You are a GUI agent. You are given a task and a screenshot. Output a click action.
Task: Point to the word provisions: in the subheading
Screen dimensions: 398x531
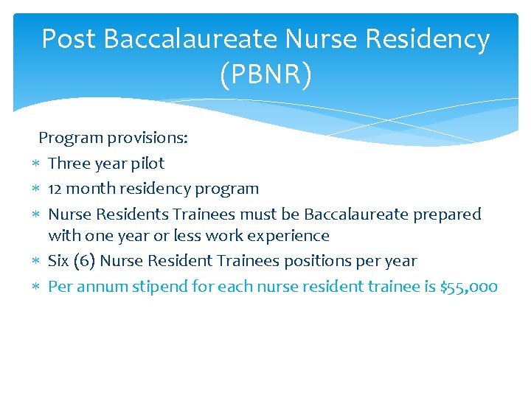click(x=147, y=138)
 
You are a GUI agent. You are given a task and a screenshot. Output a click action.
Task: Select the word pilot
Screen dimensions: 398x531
click(x=147, y=163)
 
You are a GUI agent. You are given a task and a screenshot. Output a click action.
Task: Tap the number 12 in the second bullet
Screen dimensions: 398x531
click(x=55, y=189)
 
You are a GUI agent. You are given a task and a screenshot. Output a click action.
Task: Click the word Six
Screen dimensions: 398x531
click(x=59, y=261)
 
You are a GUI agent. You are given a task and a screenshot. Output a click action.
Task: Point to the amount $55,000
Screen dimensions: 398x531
click(x=468, y=287)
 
